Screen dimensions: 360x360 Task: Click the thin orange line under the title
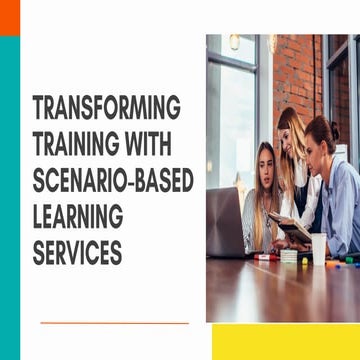[114, 323]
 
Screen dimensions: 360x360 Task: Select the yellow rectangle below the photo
[286, 341]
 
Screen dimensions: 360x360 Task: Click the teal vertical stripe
[9, 200]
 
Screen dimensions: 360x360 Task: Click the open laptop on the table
[224, 224]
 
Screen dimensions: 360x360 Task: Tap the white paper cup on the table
[318, 248]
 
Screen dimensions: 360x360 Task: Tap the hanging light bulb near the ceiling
[234, 42]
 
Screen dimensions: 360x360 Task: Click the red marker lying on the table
[267, 257]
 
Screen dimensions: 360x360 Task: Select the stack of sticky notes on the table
[289, 256]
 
